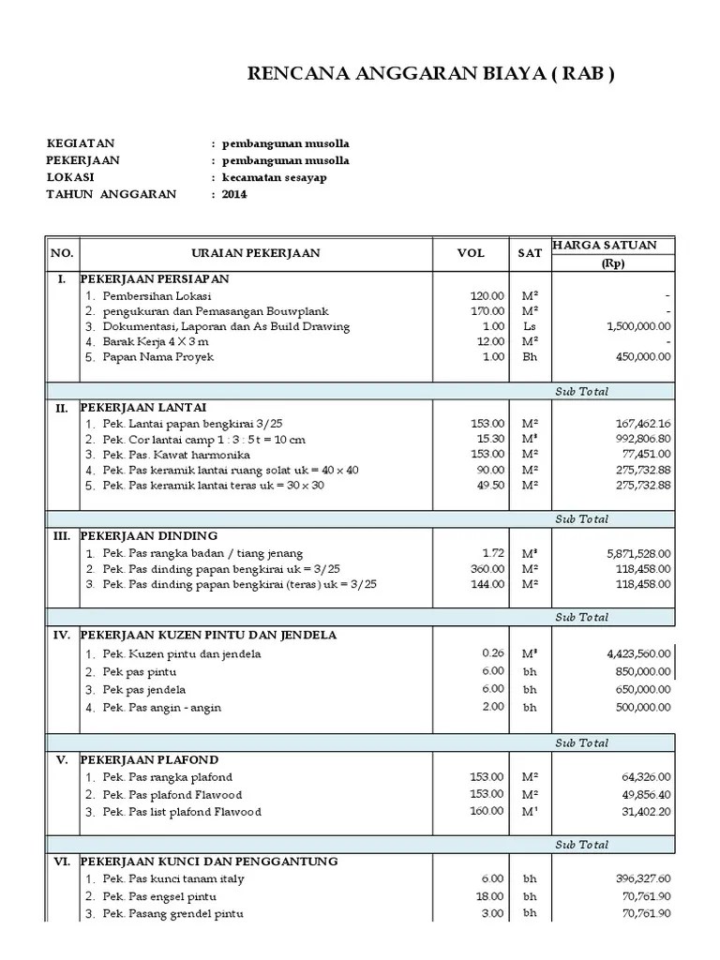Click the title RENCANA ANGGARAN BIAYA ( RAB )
[x=430, y=75]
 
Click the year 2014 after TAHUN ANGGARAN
[x=234, y=194]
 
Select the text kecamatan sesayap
[x=275, y=177]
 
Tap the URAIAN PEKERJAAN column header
[x=256, y=253]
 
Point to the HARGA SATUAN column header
[x=605, y=246]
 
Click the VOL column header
[x=471, y=253]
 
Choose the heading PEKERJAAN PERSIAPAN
[x=155, y=279]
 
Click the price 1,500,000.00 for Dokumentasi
[x=632, y=326]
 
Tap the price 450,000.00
[x=637, y=357]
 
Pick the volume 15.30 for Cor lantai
[x=488, y=439]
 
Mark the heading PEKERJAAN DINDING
[x=149, y=536]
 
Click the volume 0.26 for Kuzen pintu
[x=492, y=653]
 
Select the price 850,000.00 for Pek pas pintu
[x=637, y=671]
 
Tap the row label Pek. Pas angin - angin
[x=162, y=708]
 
